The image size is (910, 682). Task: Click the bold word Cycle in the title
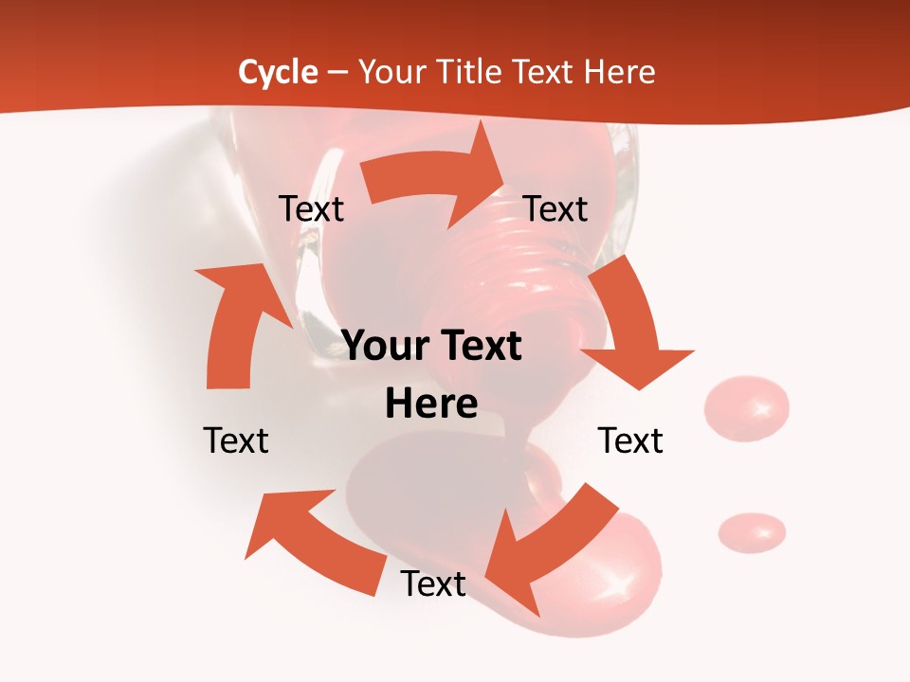278,72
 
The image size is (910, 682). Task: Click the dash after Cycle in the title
337,73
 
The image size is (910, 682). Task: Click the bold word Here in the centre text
431,404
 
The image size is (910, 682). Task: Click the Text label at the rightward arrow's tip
555,208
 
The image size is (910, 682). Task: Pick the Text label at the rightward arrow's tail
311,208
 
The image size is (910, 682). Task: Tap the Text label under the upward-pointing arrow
236,440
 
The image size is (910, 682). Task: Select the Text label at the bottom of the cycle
433,583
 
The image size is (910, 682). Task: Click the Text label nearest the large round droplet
630,440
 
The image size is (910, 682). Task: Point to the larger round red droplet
747,408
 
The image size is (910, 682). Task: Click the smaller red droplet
752,531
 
